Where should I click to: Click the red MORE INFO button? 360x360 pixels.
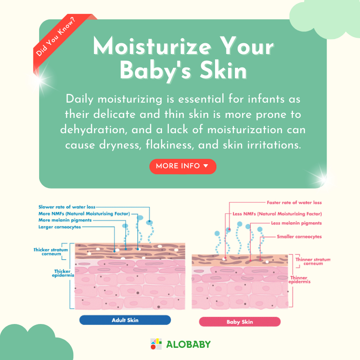click(x=183, y=166)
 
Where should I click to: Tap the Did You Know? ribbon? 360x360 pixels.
click(x=61, y=40)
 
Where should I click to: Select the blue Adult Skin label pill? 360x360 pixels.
click(x=125, y=320)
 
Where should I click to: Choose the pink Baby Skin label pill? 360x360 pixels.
click(x=240, y=322)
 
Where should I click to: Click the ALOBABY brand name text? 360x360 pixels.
click(x=188, y=344)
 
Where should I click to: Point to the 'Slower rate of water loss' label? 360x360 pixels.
click(x=67, y=207)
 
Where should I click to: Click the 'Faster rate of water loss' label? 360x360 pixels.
click(x=294, y=202)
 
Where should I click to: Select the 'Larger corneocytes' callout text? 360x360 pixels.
click(x=60, y=227)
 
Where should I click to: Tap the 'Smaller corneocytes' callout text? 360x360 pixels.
click(x=299, y=237)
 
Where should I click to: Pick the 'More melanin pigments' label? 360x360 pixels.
click(x=65, y=220)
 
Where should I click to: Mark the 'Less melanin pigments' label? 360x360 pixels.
click(x=297, y=223)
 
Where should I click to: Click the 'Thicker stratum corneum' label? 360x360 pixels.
click(x=51, y=252)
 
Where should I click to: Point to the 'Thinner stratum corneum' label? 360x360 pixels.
click(x=313, y=261)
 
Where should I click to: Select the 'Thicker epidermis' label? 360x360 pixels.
click(x=63, y=273)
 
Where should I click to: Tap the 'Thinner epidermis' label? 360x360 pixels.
click(x=299, y=279)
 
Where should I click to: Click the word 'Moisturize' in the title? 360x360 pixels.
click(x=152, y=46)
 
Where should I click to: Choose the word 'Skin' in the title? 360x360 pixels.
click(x=223, y=70)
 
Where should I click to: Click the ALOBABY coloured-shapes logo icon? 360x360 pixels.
click(x=156, y=344)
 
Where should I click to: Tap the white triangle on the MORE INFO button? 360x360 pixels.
click(x=206, y=166)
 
